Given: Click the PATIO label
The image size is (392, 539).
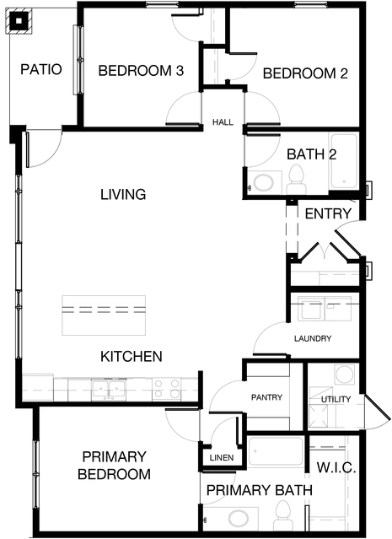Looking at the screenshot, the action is tap(41, 69).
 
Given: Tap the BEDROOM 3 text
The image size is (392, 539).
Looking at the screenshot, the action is tap(141, 71).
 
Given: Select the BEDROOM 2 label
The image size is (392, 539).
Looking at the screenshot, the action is tap(305, 73).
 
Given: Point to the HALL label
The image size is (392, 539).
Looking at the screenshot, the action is tap(223, 122).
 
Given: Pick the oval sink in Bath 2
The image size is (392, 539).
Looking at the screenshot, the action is tap(263, 183).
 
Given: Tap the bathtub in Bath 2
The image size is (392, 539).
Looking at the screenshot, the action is tap(344, 161).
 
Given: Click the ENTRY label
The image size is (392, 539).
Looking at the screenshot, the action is tap(328, 213).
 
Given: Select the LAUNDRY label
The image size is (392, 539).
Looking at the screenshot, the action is tap(313, 338).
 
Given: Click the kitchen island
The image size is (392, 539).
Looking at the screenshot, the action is tap(104, 315).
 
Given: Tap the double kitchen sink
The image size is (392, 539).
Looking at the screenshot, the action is tap(109, 391).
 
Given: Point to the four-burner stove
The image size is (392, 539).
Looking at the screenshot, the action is tap(166, 389).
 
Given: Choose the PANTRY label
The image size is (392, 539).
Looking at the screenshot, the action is tap(266, 397).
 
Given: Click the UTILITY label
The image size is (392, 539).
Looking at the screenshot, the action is tap(336, 400).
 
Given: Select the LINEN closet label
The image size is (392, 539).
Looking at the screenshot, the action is tap(222, 458).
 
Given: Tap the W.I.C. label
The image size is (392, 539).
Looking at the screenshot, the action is tap(336, 468).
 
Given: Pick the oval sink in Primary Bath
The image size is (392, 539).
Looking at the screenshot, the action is tap(239, 518).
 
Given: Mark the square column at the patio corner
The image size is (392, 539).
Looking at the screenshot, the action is tap(19, 21).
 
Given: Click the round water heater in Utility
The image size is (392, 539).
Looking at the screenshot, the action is tap(345, 374).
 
